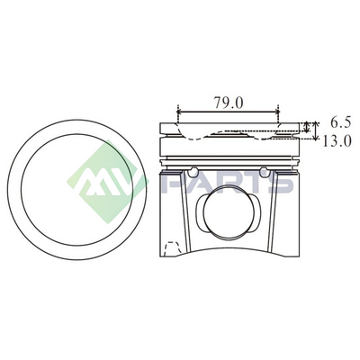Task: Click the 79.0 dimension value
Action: [229, 103]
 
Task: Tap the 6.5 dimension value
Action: [341, 122]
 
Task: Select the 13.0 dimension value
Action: [337, 140]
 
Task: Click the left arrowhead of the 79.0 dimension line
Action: [180, 112]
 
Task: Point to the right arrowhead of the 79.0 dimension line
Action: [277, 112]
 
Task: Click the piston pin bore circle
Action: [228, 211]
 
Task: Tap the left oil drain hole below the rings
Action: [193, 171]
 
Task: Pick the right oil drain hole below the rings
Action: [264, 171]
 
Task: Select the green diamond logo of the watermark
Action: [106, 182]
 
